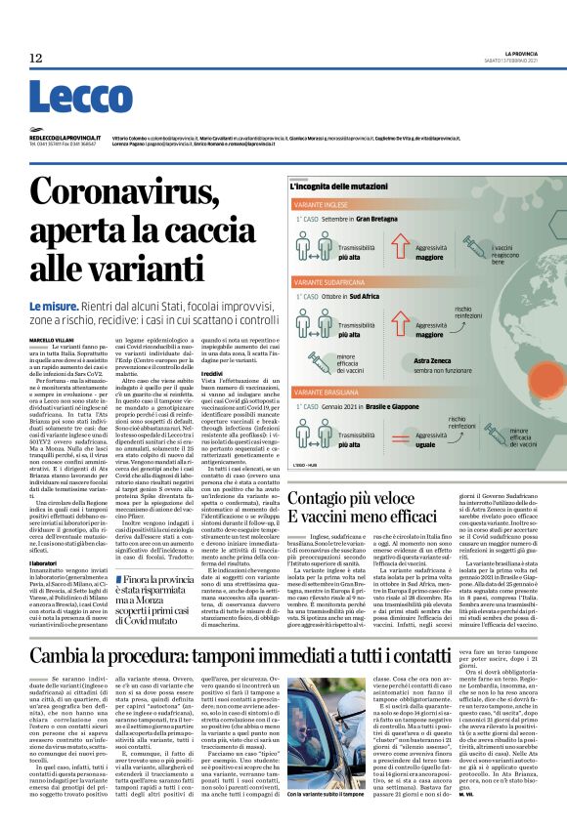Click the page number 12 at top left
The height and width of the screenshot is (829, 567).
click(36, 59)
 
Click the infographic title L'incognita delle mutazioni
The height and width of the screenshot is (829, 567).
click(362, 187)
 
